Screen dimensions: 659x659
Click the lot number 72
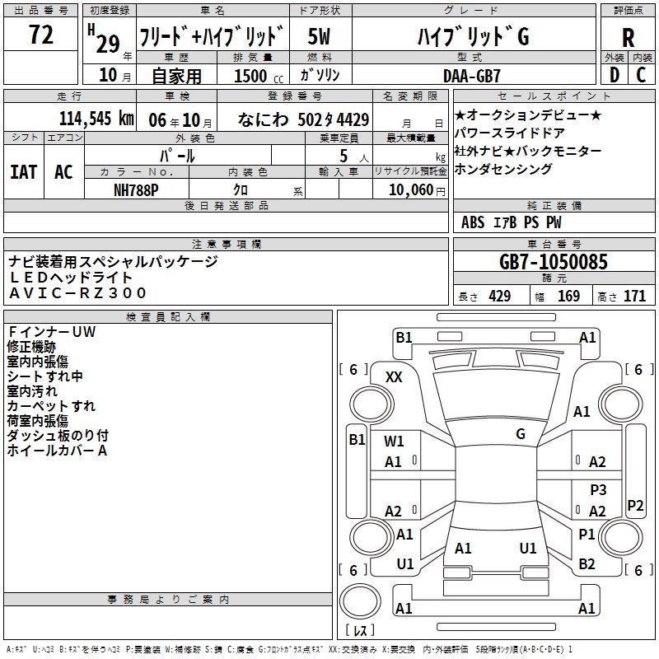pyautogui.click(x=41, y=36)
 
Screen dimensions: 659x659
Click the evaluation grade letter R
pyautogui.click(x=628, y=39)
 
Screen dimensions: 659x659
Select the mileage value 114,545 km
pyautogui.click(x=97, y=119)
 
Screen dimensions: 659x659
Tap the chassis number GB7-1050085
pyautogui.click(x=554, y=262)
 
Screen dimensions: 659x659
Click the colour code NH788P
pyautogui.click(x=136, y=189)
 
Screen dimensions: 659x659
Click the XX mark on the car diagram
pyautogui.click(x=394, y=376)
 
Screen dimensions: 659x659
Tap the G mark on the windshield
pyautogui.click(x=521, y=434)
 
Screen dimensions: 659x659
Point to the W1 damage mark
pyautogui.click(x=394, y=442)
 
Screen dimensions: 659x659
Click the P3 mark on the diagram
pyautogui.click(x=598, y=490)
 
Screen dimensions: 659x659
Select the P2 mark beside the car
pyautogui.click(x=635, y=505)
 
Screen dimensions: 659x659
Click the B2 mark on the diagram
pyautogui.click(x=587, y=564)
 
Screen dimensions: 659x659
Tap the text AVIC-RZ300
pyautogui.click(x=77, y=292)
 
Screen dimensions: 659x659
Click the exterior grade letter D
pyautogui.click(x=613, y=75)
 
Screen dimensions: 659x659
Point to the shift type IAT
pyautogui.click(x=24, y=172)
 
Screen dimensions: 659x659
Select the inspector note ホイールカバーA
pyautogui.click(x=58, y=451)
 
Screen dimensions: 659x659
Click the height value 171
pyautogui.click(x=634, y=297)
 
